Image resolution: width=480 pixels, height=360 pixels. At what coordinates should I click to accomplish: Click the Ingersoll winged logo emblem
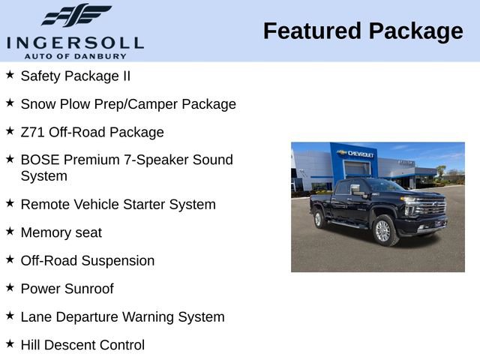point(76,15)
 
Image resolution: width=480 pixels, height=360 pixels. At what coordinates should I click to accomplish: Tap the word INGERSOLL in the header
point(75,42)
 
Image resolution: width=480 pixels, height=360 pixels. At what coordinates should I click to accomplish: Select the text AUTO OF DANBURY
point(75,55)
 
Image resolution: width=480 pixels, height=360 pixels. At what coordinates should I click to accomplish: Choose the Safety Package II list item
point(75,76)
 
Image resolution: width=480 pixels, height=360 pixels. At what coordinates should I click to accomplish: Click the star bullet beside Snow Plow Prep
point(10,103)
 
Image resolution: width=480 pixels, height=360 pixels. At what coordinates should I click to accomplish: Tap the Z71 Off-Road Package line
point(91,132)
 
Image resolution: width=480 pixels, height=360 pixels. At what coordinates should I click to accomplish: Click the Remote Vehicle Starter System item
point(118,204)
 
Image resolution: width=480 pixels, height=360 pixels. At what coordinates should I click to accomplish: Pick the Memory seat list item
point(61,232)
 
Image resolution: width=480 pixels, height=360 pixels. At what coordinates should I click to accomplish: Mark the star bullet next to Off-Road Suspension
point(10,259)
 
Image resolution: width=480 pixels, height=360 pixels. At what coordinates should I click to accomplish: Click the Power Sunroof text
point(67,289)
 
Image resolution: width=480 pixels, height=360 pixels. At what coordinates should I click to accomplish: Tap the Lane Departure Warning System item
point(122,317)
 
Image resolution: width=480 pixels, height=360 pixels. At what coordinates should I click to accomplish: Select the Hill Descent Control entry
point(82,345)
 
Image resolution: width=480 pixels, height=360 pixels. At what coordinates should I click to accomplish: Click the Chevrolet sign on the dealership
point(355,154)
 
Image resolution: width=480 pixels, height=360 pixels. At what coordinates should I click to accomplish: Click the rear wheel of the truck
point(319,219)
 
